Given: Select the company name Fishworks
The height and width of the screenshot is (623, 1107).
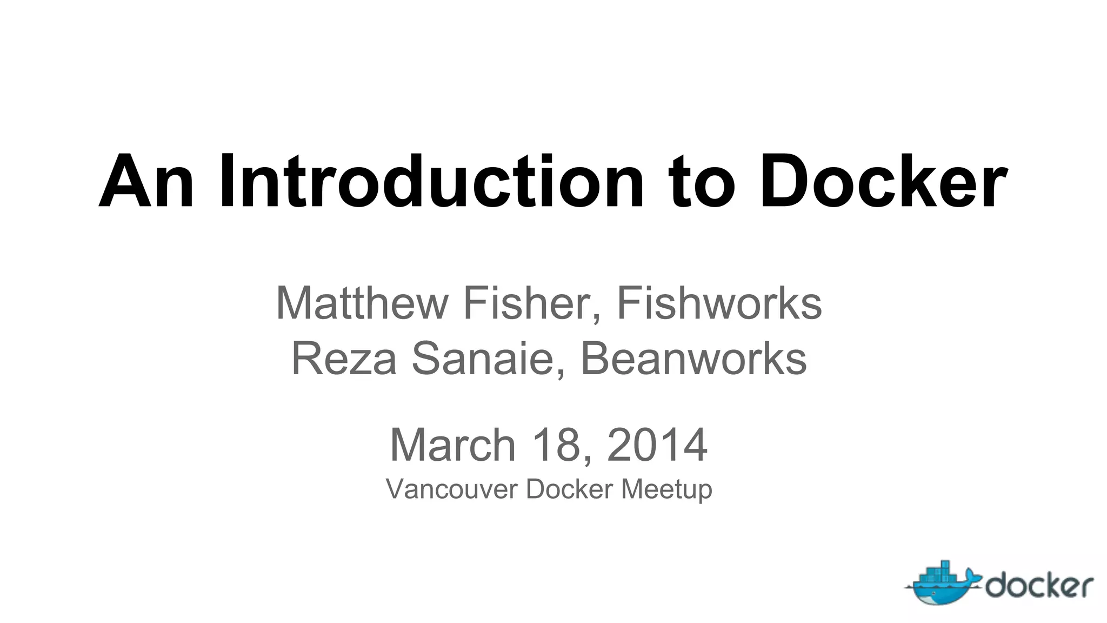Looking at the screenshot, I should [719, 304].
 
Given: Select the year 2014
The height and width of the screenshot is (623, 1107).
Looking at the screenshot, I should [657, 445].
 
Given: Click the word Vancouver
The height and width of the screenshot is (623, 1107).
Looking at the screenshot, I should [451, 489].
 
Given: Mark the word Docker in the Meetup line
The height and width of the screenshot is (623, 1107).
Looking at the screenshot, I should [569, 489].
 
